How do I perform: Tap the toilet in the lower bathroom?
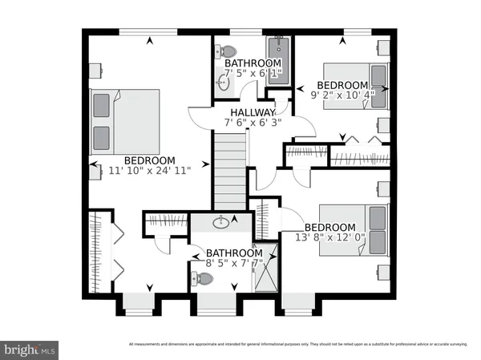204,279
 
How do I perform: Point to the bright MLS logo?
30,350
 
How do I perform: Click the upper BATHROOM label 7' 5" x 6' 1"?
253,63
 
